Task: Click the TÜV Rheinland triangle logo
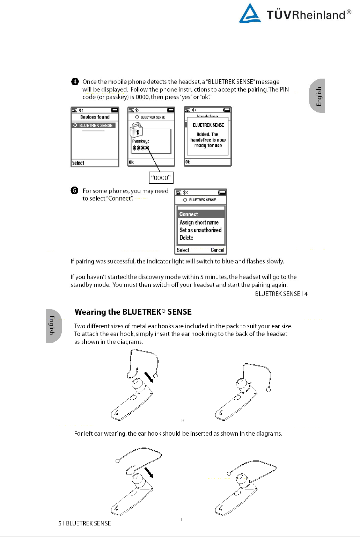pyautogui.click(x=250, y=14)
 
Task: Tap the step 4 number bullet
pyautogui.click(x=75, y=81)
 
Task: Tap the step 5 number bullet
pyautogui.click(x=74, y=190)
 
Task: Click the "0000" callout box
pyautogui.click(x=161, y=178)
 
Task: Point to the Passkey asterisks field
pyautogui.click(x=141, y=148)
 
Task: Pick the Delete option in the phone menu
pyautogui.click(x=186, y=238)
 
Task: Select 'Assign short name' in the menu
pyautogui.click(x=199, y=222)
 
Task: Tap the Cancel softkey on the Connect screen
pyautogui.click(x=217, y=250)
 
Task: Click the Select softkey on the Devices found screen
pyautogui.click(x=78, y=163)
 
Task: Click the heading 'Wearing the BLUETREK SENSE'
pyautogui.click(x=133, y=312)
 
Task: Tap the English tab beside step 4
pyautogui.click(x=317, y=96)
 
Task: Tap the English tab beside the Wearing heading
pyautogui.click(x=53, y=326)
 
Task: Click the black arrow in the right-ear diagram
pyautogui.click(x=149, y=377)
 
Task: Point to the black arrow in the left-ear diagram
pyautogui.click(x=149, y=473)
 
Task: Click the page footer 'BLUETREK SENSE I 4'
pyautogui.click(x=281, y=294)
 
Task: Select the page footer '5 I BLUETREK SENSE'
pyautogui.click(x=85, y=523)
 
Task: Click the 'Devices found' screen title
pyautogui.click(x=95, y=117)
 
